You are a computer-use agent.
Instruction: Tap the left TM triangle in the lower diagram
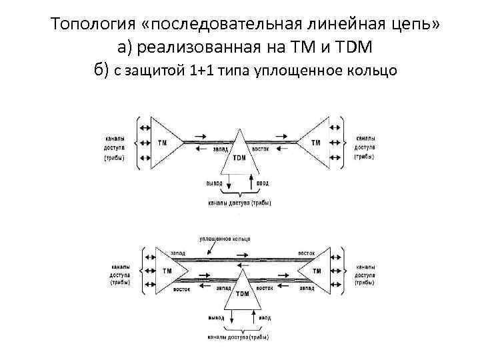coord(167,271)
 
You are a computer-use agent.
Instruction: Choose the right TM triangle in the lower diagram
coord(315,271)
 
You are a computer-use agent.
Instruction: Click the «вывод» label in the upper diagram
coord(215,181)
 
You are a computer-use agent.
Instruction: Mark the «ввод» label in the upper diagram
coord(263,181)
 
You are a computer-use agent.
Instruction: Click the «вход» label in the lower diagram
coord(265,317)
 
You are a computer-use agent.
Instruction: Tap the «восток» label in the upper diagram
coord(260,149)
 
